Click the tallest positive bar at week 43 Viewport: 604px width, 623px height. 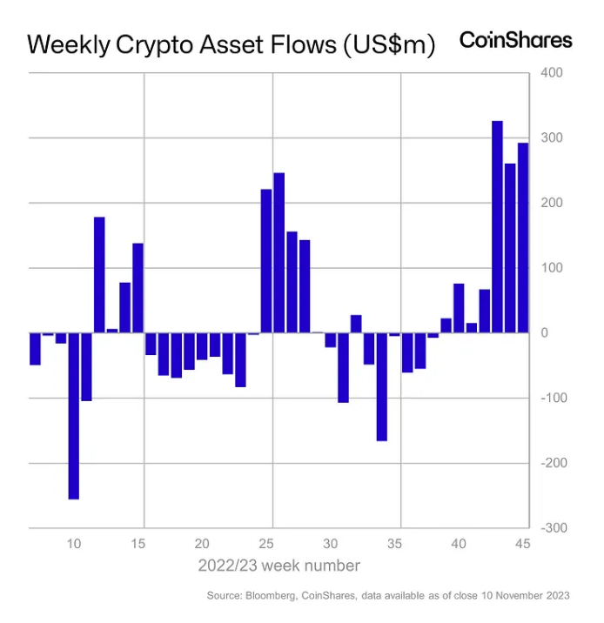(498, 226)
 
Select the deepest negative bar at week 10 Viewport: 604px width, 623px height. (74, 415)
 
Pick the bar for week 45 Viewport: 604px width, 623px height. (523, 238)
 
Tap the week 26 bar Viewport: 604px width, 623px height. (279, 252)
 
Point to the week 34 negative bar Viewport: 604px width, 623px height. (381, 386)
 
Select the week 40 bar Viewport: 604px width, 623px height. (459, 308)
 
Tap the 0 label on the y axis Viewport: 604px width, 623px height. (546, 332)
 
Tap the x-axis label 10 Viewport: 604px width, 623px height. (74, 544)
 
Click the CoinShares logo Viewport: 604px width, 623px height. (515, 40)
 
